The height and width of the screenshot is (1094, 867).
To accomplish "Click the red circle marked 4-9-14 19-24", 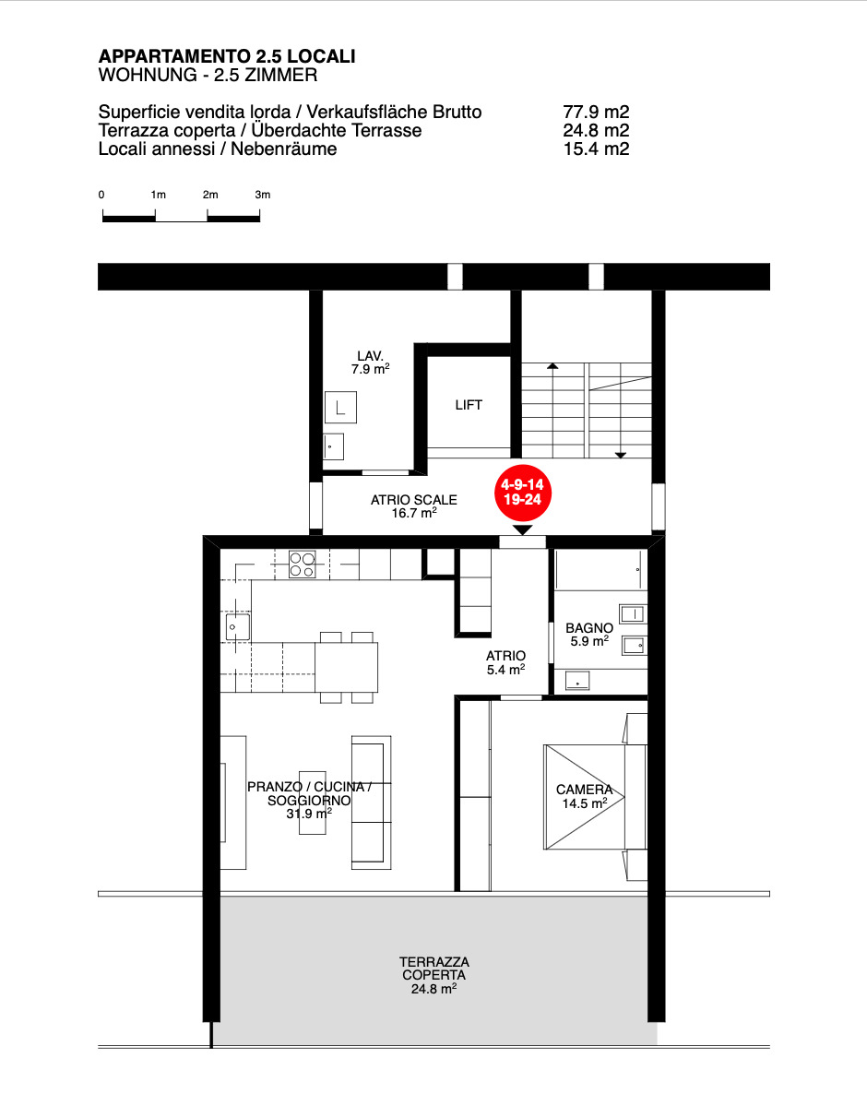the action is [x=522, y=493].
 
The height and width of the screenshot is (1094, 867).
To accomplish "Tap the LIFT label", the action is [x=469, y=405].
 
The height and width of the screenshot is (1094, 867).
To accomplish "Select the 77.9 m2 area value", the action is [x=596, y=112].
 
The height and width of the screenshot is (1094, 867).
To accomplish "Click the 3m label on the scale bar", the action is [x=262, y=195].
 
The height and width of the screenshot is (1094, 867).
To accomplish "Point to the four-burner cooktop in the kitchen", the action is [x=302, y=565].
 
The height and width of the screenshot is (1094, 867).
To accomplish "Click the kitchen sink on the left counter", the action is [x=237, y=626].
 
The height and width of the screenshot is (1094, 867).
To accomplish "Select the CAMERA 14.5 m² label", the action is [x=585, y=796].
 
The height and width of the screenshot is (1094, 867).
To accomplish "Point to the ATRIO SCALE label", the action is [x=413, y=506].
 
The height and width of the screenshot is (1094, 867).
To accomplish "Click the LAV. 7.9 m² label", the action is [x=371, y=363].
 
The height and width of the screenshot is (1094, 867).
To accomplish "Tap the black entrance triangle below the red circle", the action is [x=522, y=530].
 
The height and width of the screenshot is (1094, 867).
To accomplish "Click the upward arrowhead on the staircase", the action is [x=552, y=366].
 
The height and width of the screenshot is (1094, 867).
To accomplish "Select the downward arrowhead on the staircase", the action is [x=620, y=456].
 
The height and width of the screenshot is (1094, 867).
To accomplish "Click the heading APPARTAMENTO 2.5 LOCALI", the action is [x=227, y=56].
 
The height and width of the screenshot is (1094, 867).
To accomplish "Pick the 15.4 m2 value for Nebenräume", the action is [x=596, y=149].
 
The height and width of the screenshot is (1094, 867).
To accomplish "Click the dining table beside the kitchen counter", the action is [x=346, y=667].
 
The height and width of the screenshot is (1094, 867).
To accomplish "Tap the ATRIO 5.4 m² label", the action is [x=505, y=663].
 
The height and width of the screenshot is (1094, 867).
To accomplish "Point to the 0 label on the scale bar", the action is [x=101, y=195].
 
